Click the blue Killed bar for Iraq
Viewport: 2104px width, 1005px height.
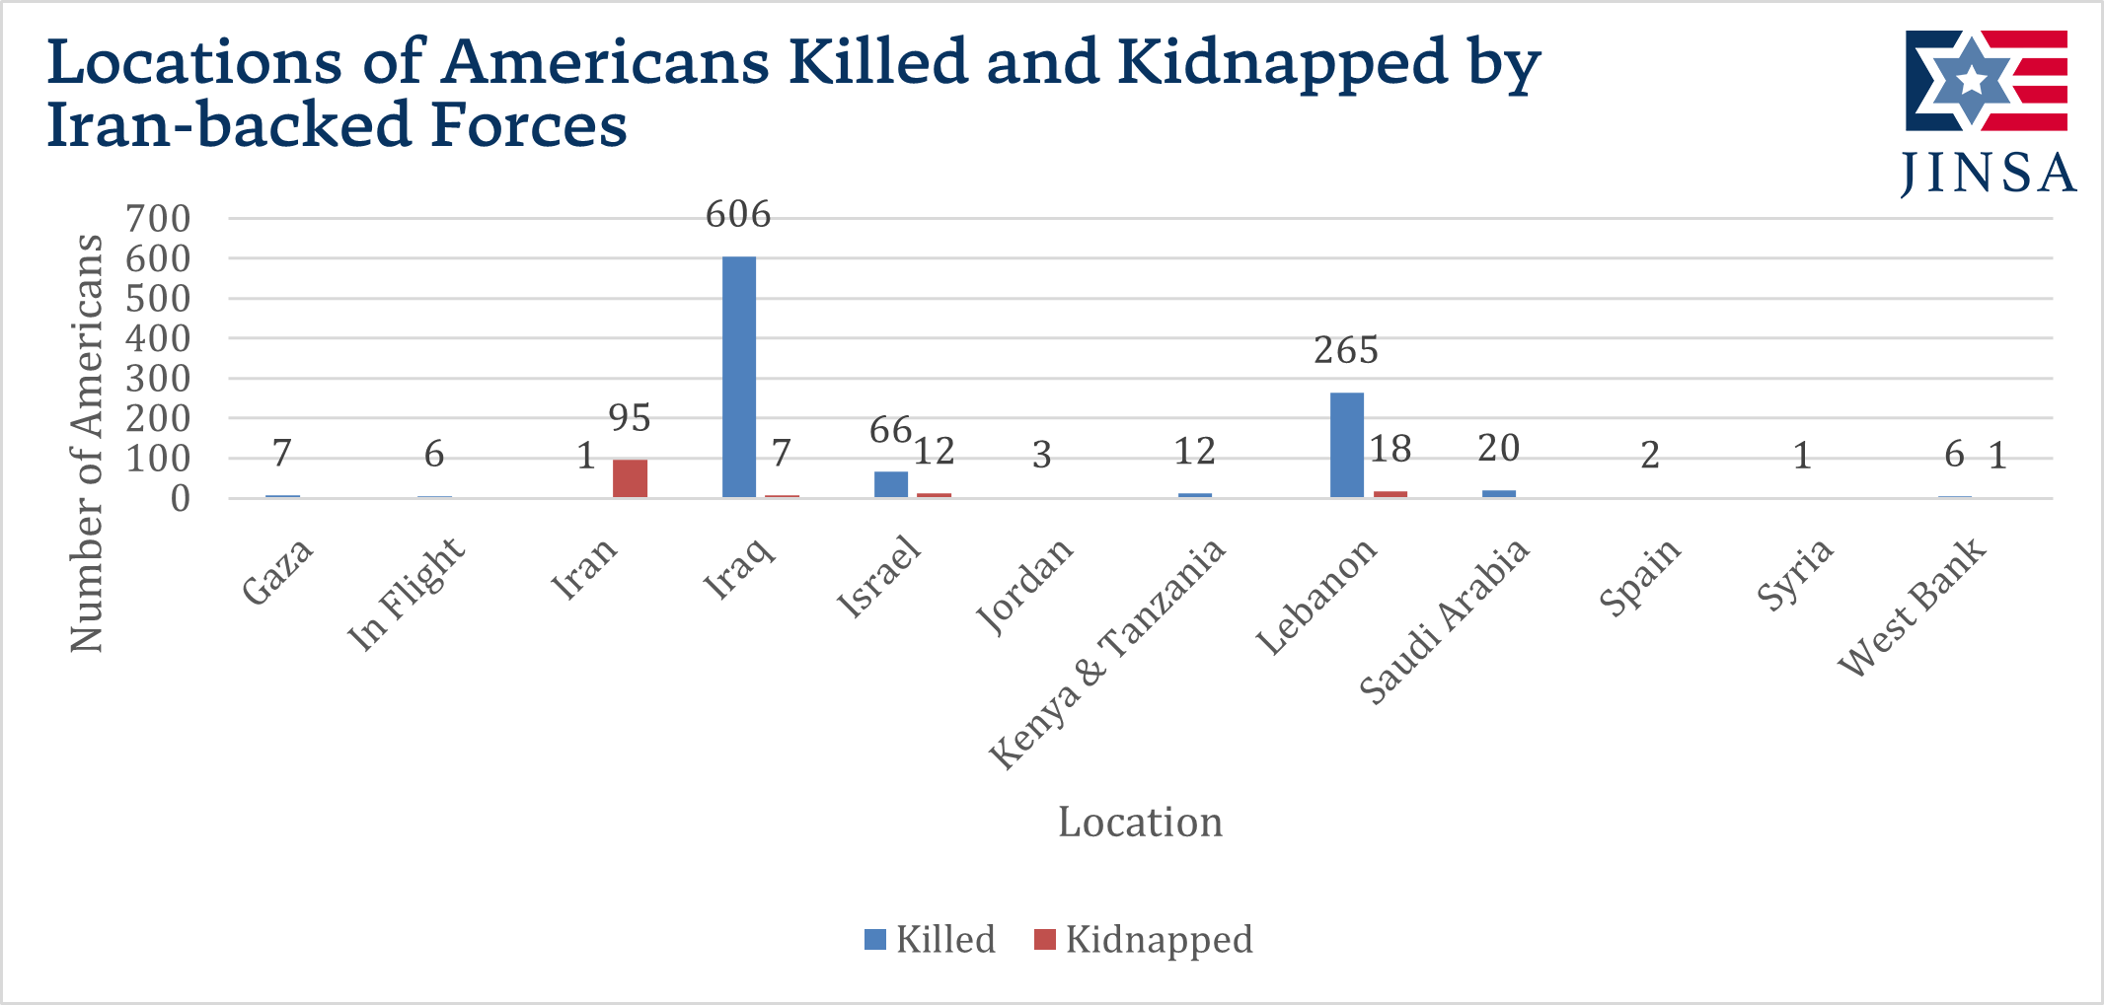tap(739, 377)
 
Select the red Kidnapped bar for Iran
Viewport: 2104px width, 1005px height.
tap(630, 478)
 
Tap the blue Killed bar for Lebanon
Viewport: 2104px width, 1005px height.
tap(1347, 445)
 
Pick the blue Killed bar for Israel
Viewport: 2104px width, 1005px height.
tap(891, 484)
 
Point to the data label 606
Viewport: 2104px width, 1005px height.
tap(738, 215)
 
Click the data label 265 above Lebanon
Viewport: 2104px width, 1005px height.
tap(1346, 351)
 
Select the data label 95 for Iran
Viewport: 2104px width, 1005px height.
tap(630, 419)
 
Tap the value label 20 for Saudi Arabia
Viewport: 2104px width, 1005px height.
tap(1498, 450)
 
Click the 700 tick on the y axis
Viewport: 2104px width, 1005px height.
tap(158, 219)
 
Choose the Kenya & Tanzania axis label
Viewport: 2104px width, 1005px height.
tap(1107, 654)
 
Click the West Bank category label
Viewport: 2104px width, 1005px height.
tap(1913, 607)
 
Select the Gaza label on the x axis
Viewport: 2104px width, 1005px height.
tap(278, 572)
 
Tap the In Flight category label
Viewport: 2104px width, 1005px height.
tap(407, 594)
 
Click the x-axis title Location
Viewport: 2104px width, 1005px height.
tap(1140, 823)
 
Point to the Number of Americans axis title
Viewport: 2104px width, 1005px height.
tap(87, 443)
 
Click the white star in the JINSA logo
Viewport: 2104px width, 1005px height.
tap(1971, 80)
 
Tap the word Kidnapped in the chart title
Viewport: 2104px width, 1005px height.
tap(1281, 62)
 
